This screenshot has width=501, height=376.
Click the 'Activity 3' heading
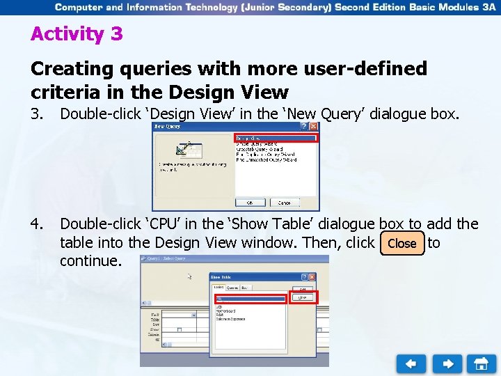pyautogui.click(x=77, y=34)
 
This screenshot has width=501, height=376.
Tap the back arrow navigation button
pyautogui.click(x=411, y=363)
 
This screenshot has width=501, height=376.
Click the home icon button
pyautogui.click(x=481, y=363)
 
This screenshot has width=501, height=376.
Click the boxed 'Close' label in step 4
pyautogui.click(x=401, y=244)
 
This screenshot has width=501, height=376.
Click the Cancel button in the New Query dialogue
pyautogui.click(x=285, y=203)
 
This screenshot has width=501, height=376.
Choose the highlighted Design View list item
pyautogui.click(x=276, y=139)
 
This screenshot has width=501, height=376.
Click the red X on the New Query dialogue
pyautogui.click(x=314, y=127)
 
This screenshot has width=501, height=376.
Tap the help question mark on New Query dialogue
pyautogui.click(x=303, y=127)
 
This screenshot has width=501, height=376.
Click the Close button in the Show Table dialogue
pyautogui.click(x=302, y=297)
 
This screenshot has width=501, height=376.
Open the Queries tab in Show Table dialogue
pyautogui.click(x=232, y=287)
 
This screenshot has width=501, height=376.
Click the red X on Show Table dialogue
pyautogui.click(x=311, y=276)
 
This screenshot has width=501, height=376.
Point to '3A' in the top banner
pyautogui.click(x=486, y=7)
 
